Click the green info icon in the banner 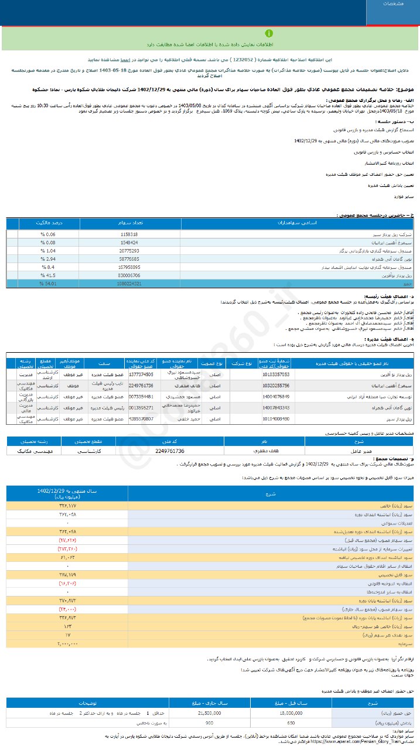coord(268,33)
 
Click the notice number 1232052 coord(243,60)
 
